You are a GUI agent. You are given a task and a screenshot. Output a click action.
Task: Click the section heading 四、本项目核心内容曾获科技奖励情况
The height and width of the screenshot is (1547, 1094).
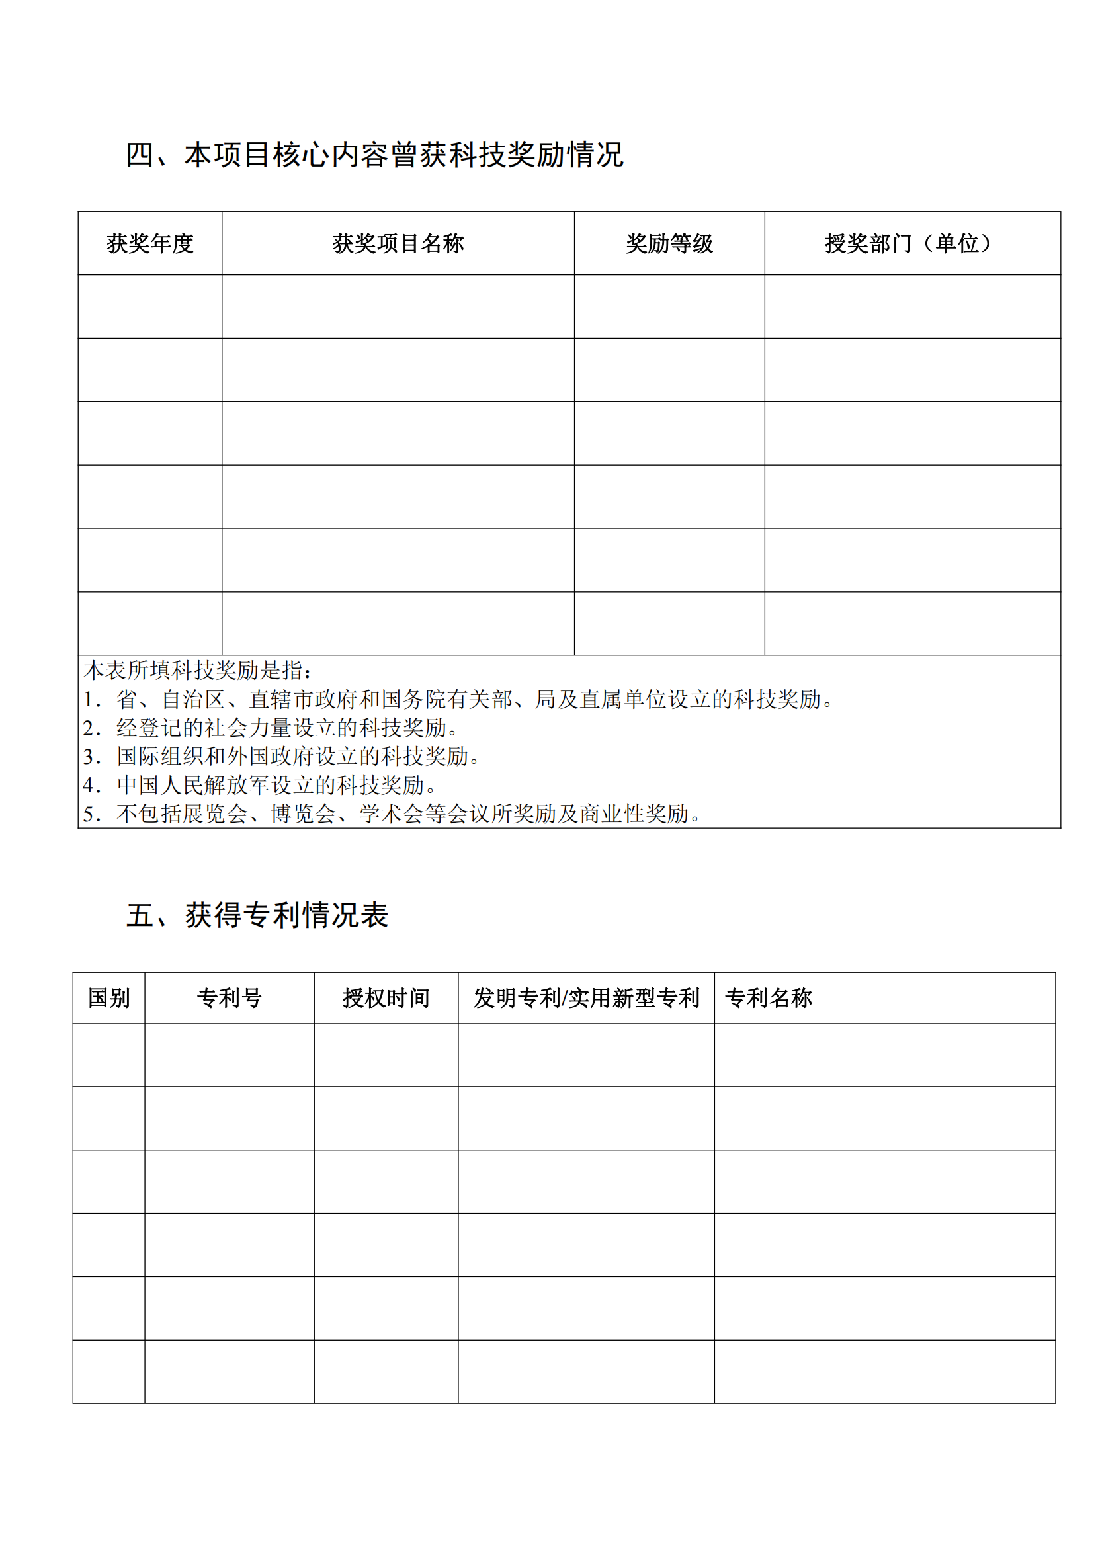(374, 155)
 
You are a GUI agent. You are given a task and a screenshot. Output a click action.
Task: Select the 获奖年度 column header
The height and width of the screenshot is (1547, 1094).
(149, 243)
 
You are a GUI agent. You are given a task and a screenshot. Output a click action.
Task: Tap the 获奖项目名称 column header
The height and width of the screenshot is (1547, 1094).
(398, 243)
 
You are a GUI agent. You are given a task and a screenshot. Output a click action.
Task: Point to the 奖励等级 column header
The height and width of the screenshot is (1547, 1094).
(669, 243)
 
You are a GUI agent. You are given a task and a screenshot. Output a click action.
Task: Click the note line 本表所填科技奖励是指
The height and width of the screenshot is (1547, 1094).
(198, 671)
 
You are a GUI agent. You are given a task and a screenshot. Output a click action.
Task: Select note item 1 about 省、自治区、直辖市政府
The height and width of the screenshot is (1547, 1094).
(458, 699)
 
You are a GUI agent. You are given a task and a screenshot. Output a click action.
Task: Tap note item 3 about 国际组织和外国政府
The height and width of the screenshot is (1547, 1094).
(282, 757)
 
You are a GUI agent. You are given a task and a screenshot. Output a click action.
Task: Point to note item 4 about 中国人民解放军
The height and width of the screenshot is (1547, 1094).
(260, 785)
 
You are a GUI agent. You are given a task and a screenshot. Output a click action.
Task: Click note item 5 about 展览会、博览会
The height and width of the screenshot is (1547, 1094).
(392, 814)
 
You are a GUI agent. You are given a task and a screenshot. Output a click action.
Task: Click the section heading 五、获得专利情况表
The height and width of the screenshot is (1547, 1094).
(257, 915)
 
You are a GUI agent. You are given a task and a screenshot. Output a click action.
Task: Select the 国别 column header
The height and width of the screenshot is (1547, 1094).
(108, 998)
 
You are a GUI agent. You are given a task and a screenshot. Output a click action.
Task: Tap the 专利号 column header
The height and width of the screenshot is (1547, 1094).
(229, 998)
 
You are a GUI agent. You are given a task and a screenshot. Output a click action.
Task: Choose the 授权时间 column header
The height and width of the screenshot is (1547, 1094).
(386, 998)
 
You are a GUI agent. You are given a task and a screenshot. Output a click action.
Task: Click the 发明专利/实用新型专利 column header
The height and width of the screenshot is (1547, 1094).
(586, 998)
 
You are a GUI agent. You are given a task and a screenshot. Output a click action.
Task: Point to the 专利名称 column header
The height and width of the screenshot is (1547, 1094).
(769, 998)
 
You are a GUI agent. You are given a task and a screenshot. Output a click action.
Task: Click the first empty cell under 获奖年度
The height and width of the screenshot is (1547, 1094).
(149, 307)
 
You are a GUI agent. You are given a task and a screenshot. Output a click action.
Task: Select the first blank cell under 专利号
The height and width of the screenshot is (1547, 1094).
(229, 1054)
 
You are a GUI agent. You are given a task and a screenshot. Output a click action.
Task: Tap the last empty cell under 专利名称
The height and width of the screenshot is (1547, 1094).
(884, 1372)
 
